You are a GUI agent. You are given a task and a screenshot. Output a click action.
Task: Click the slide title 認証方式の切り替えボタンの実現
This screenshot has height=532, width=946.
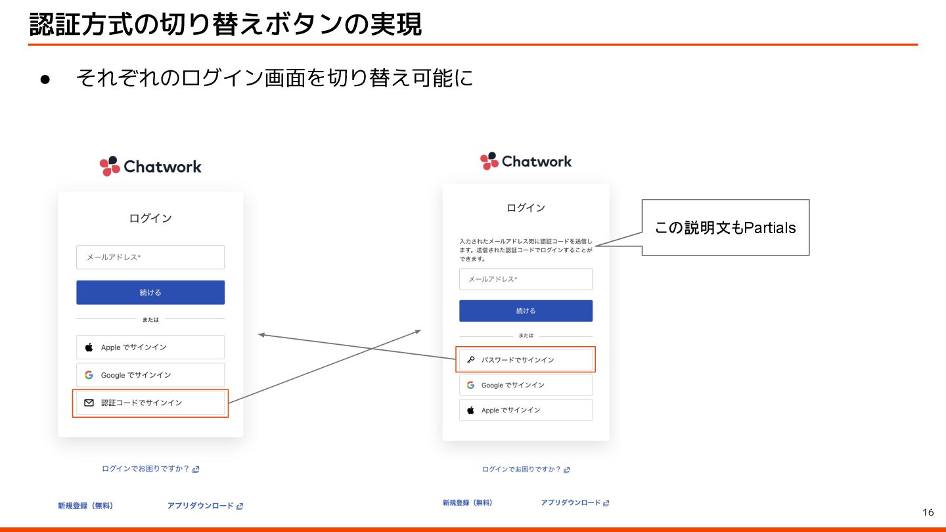pos(225,25)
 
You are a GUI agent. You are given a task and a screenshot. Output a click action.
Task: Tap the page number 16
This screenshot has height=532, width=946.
pos(928,512)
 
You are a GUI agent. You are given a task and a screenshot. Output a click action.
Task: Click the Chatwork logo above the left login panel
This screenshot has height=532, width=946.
pos(150,167)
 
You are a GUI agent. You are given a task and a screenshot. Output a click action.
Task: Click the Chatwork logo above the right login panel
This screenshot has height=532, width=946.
pos(526,161)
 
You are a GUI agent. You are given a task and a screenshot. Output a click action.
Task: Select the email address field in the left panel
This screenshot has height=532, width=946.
pos(150,257)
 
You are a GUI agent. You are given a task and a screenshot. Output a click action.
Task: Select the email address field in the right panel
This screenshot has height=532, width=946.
pos(526,279)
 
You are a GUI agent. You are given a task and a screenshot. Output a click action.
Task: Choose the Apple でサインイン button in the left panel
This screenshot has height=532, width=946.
pos(150,347)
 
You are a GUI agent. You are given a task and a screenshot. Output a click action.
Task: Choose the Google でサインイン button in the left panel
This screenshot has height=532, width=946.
pos(150,375)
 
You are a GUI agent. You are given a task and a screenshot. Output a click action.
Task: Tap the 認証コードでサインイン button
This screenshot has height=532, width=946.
pos(150,403)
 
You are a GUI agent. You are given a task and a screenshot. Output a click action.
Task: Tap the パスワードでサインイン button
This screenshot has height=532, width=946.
pos(526,360)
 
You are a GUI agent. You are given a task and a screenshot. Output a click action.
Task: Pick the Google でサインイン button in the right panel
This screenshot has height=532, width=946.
pos(526,385)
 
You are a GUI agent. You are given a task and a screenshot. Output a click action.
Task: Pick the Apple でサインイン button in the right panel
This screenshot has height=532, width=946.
pos(526,410)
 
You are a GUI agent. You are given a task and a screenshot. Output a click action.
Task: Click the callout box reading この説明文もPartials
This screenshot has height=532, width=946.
pos(725,227)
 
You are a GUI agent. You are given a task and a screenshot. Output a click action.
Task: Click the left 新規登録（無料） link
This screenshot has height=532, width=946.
pos(85,506)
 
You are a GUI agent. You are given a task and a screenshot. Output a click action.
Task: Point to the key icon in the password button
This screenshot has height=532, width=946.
pos(471,360)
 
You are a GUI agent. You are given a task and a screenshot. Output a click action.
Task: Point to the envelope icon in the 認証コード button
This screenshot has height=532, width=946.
pos(89,403)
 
